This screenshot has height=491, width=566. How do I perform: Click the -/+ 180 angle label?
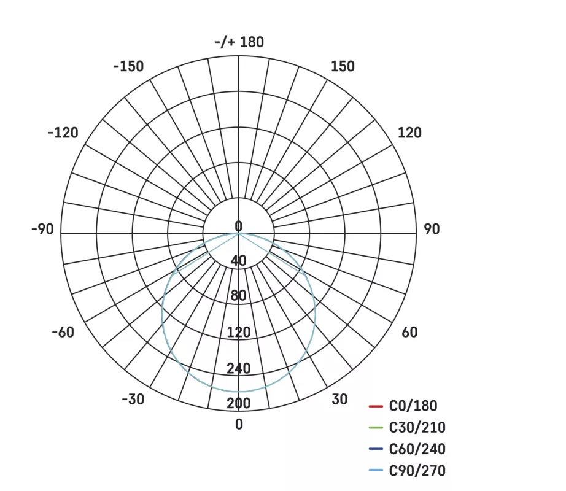pyautogui.click(x=239, y=42)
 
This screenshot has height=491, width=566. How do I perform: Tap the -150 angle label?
pyautogui.click(x=128, y=66)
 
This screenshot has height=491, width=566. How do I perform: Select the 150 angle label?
pyautogui.click(x=343, y=66)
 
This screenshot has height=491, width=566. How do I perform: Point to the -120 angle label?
pyautogui.click(x=63, y=133)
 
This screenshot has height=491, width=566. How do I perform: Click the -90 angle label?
pyautogui.click(x=42, y=229)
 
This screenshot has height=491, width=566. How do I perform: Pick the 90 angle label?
pyautogui.click(x=432, y=229)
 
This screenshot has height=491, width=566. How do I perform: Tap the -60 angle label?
pyautogui.click(x=63, y=332)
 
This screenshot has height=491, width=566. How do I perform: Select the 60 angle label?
pyautogui.click(x=409, y=332)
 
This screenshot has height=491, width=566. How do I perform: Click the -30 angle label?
pyautogui.click(x=133, y=400)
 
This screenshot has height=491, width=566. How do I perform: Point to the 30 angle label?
pyautogui.click(x=339, y=400)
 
